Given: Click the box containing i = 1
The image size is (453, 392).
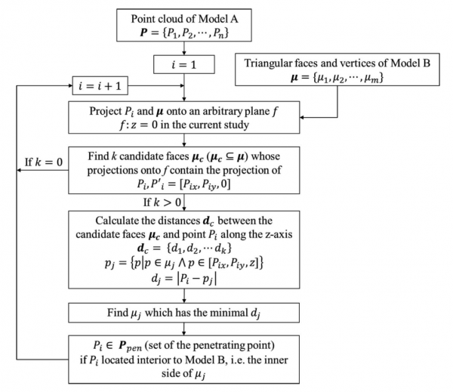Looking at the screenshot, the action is pos(184,64).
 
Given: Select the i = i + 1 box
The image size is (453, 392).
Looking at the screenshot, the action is pos(100,85).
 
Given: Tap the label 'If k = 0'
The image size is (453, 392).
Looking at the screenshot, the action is pos(44,162).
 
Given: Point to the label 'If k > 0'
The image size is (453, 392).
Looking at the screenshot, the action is pos(162,202).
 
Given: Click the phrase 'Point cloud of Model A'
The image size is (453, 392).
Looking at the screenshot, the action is pos(184,19).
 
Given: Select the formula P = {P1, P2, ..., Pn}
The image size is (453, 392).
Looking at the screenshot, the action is pos(184,32).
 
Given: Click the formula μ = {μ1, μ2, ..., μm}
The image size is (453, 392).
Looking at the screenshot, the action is pos(337,78).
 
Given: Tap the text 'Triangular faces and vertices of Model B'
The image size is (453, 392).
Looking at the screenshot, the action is pos(337,63).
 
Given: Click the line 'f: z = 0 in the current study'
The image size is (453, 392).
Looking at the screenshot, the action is pos(184,125).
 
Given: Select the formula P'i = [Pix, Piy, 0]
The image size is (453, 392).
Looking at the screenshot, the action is pos(191,184).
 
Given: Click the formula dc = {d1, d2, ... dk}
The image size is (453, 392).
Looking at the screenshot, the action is pos(184,248).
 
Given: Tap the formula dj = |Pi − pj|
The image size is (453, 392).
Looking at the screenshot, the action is pos(184,279).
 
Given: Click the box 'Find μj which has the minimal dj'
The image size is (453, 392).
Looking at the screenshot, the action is pos(183,313).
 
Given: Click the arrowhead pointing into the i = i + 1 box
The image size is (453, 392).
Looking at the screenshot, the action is pos(70,85).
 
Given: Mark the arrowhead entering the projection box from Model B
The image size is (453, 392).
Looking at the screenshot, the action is pos(302,117).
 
